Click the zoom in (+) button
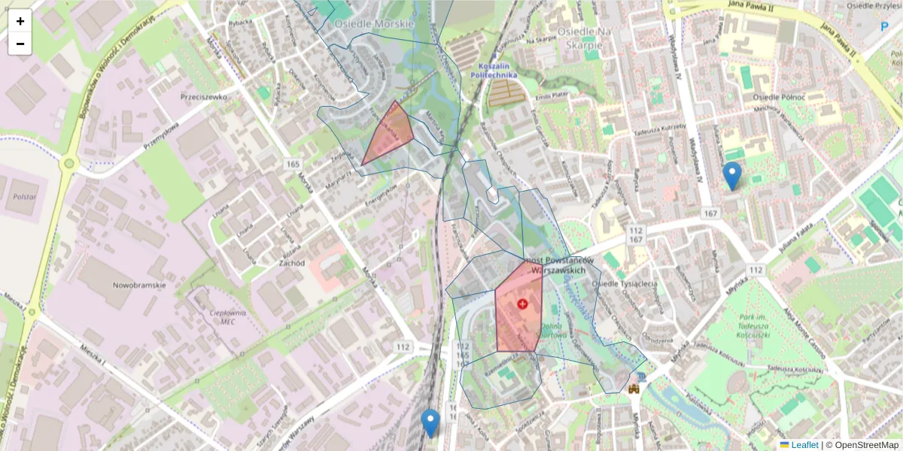20,21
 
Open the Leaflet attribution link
804,445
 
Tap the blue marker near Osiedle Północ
731,176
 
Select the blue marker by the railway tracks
430,422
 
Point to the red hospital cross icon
522,304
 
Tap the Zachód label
290,263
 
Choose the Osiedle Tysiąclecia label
625,283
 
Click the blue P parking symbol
884,27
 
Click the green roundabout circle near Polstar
69,162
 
